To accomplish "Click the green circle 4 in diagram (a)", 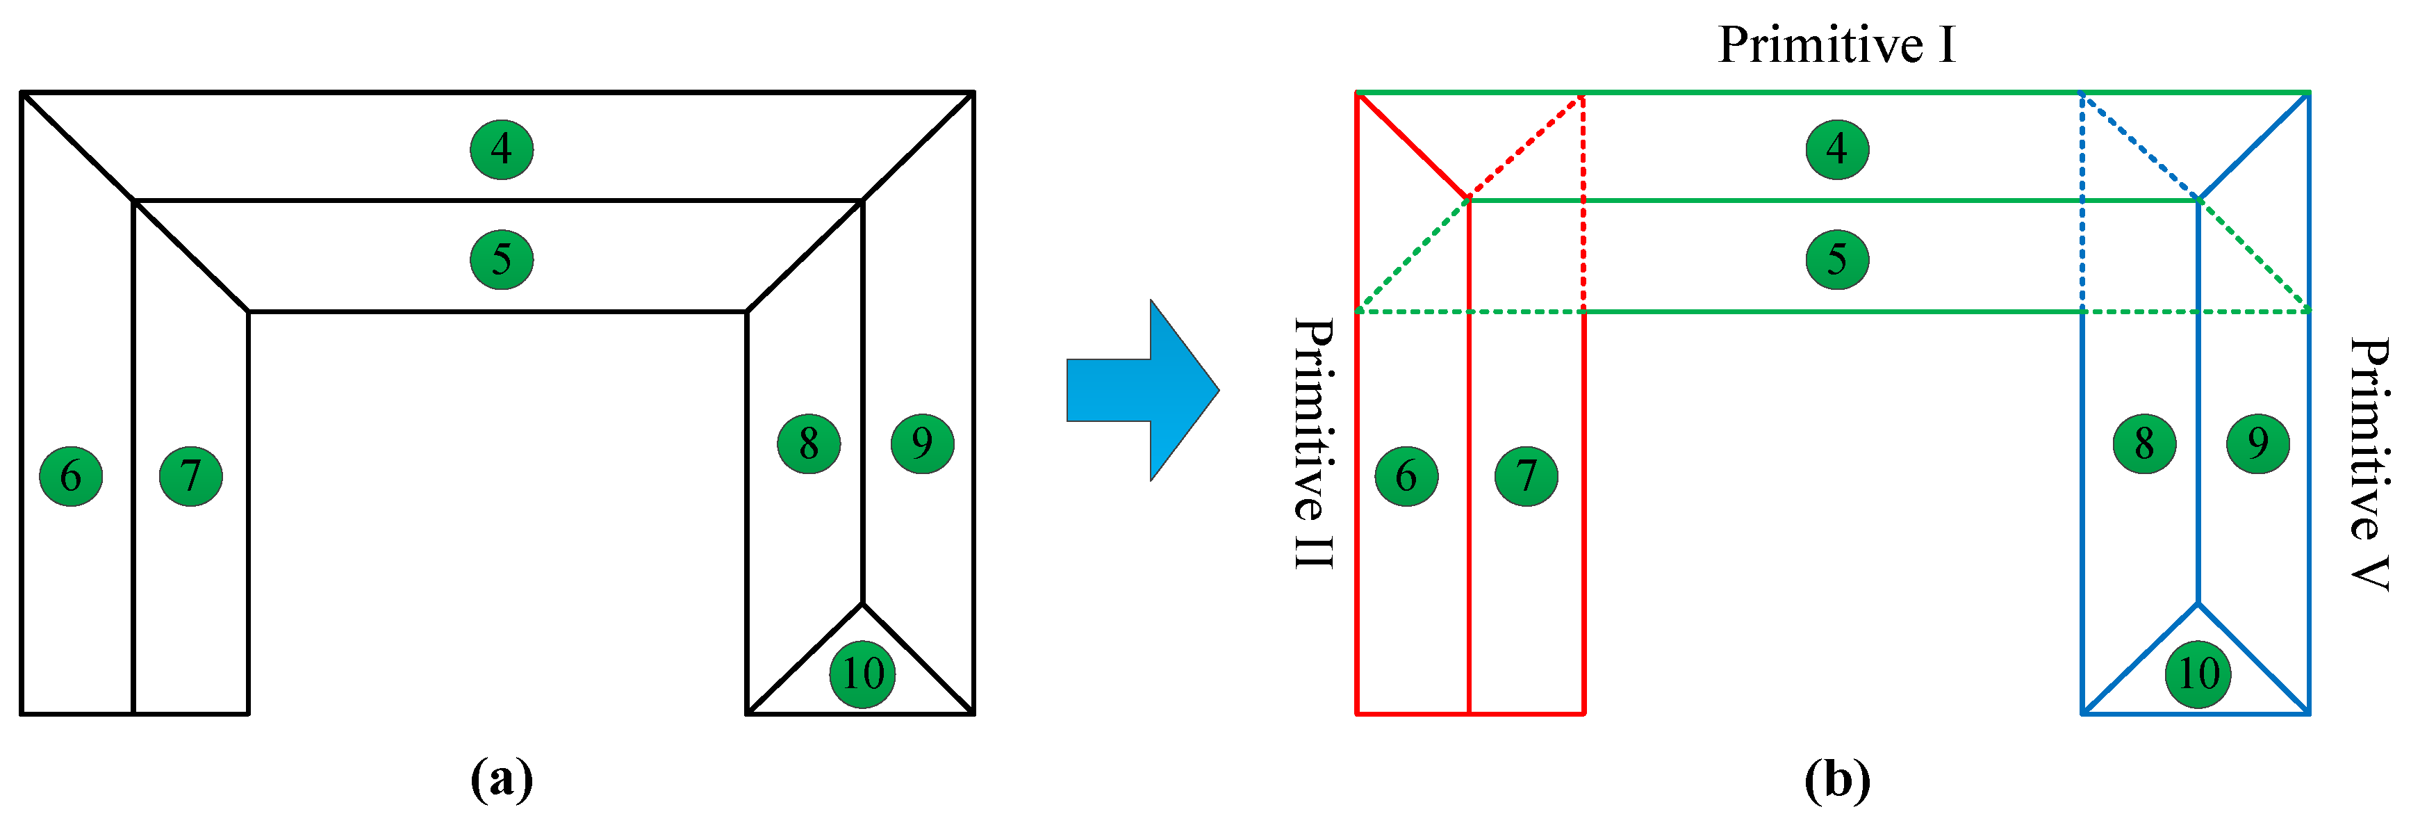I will point(502,149).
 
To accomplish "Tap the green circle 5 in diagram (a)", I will point(502,259).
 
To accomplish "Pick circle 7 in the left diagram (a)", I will point(191,475).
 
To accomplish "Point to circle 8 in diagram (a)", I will point(809,443).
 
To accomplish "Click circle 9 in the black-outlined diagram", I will point(922,443).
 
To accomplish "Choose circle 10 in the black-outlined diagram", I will point(862,673).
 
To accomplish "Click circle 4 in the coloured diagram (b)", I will point(1837,149).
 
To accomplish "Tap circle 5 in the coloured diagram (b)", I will point(1837,259).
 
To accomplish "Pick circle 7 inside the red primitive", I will point(1527,475).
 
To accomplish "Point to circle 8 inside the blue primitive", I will point(2144,443).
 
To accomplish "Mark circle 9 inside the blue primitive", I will point(2257,443).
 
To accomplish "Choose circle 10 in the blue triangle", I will point(2198,673).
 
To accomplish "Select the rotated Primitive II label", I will point(1313,443).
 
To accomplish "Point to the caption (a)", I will point(502,778).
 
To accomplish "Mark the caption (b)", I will point(1837,778).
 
